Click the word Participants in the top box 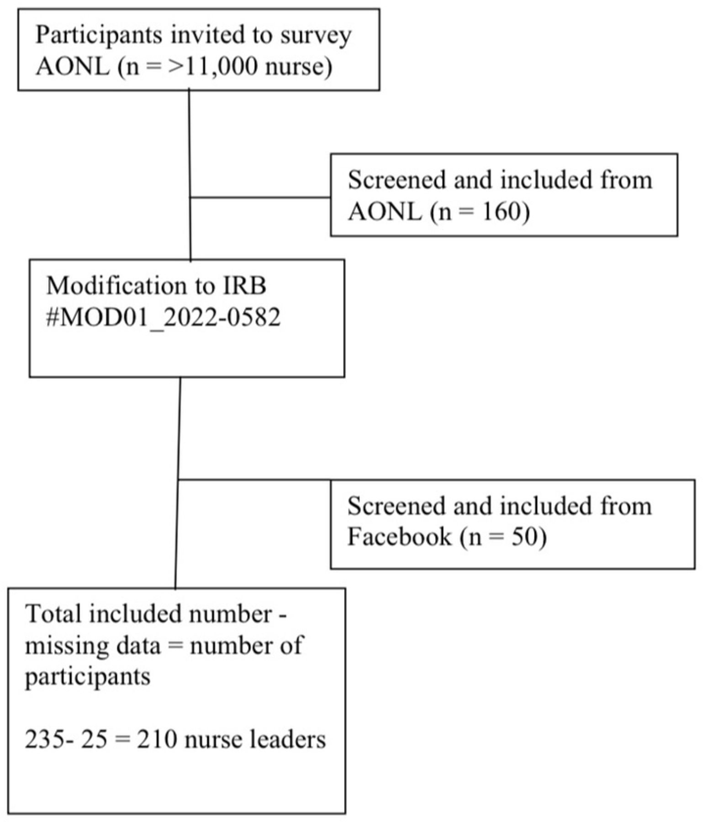coord(99,36)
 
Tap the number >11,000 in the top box coord(212,67)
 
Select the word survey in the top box coord(316,36)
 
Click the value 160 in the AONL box coord(501,211)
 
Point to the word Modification coord(116,286)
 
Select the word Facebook coord(399,536)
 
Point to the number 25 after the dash coord(94,739)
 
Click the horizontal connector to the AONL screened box coord(260,198)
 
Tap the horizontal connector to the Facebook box coord(254,479)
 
